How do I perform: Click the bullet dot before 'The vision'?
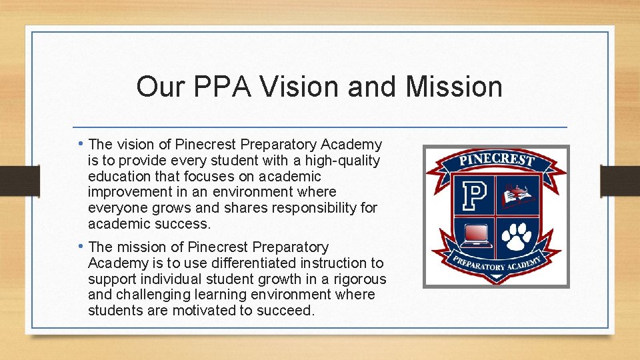(x=81, y=144)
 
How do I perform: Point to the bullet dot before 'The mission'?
(x=81, y=247)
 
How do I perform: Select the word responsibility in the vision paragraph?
(x=312, y=208)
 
